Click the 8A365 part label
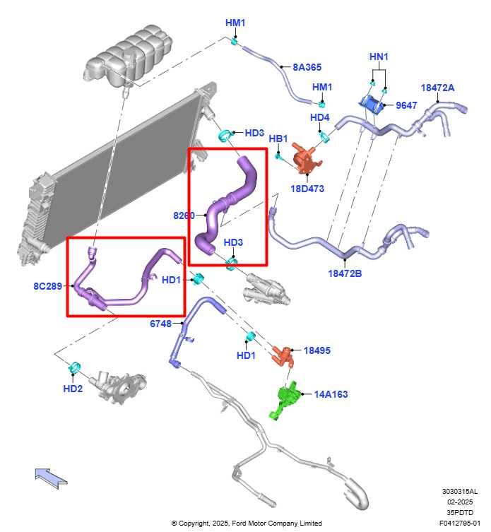(x=307, y=67)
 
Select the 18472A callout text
(x=437, y=88)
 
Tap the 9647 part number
(x=406, y=105)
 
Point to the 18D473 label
(x=307, y=189)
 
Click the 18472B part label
(x=345, y=273)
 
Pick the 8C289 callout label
(x=48, y=286)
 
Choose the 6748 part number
(x=161, y=324)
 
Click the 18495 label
(x=317, y=350)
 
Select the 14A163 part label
(x=331, y=394)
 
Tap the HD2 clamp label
(x=73, y=389)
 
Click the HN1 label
(x=379, y=57)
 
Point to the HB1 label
(x=278, y=138)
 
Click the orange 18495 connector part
(x=283, y=356)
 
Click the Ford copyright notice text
(x=247, y=524)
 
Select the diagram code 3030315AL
(x=460, y=491)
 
